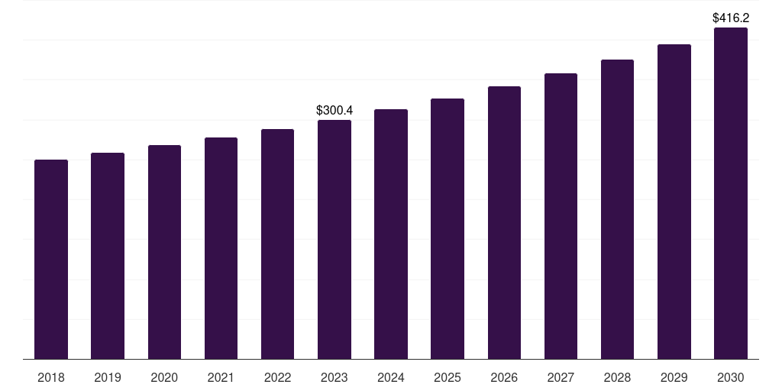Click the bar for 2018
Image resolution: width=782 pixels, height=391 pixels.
point(51,260)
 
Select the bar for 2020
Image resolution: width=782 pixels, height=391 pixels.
point(164,252)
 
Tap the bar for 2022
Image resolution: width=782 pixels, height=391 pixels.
point(277,244)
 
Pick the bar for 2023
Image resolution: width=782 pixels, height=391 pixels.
point(334,240)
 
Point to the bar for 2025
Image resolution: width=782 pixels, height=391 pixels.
point(448,229)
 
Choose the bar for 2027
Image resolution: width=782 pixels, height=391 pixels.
point(561,216)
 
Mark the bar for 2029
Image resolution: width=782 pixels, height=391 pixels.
point(674,202)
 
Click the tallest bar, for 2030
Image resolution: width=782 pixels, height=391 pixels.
point(731,193)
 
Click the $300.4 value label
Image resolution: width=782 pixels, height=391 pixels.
point(334,111)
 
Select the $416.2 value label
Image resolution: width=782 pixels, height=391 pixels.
point(731,18)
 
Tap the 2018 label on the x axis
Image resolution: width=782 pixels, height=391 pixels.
point(51,377)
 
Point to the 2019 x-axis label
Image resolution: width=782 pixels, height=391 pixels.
point(108,377)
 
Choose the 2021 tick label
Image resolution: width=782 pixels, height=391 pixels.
point(221,377)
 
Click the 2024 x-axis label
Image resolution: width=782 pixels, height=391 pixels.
point(391,377)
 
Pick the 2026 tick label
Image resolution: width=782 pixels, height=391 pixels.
point(504,377)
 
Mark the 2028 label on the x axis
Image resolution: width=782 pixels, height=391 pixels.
point(617,377)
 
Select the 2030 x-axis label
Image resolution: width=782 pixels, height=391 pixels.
point(731,377)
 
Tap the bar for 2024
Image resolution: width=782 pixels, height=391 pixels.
point(391,234)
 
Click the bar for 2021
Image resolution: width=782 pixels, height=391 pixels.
point(221,248)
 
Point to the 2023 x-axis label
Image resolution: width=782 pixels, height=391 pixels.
point(334,377)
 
